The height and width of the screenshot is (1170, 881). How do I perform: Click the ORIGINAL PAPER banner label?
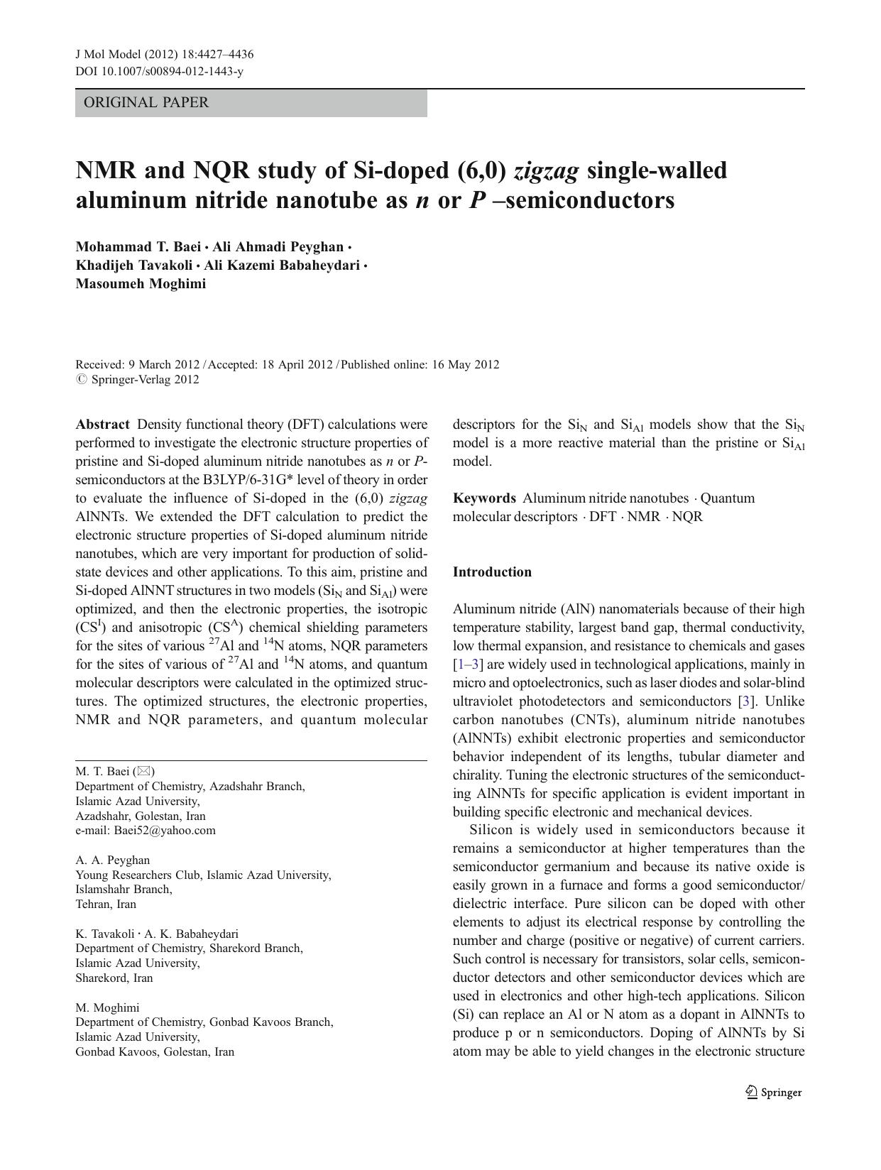coord(146,103)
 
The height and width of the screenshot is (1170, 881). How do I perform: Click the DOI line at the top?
coord(159,72)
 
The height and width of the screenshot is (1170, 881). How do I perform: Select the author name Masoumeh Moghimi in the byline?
coord(141,284)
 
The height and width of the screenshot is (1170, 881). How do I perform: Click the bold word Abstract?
coord(102,425)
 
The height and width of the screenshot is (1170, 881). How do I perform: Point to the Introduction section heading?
coord(492,572)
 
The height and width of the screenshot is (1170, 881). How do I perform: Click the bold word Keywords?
coord(484,498)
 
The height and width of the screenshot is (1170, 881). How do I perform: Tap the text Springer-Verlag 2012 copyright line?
coord(145,380)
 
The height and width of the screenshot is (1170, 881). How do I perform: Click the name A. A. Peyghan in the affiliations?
coord(112,860)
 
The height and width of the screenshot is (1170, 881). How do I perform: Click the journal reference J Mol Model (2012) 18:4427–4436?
coord(164,55)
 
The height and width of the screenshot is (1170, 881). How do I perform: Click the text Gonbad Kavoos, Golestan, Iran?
coord(155,1052)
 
